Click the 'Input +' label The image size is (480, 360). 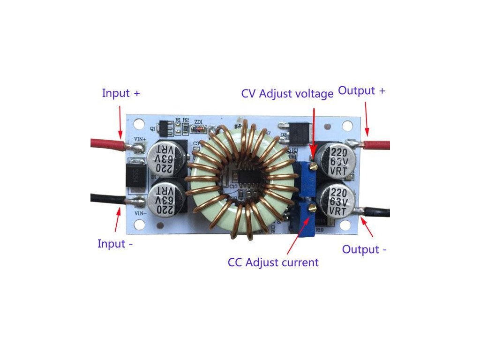pyautogui.click(x=121, y=93)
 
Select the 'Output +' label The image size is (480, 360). pyautogui.click(x=361, y=91)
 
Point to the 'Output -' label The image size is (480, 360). pyautogui.click(x=364, y=249)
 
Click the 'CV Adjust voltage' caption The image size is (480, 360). pyautogui.click(x=287, y=93)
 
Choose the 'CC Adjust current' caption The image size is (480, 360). pyautogui.click(x=273, y=262)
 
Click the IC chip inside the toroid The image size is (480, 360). pyautogui.click(x=244, y=178)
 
